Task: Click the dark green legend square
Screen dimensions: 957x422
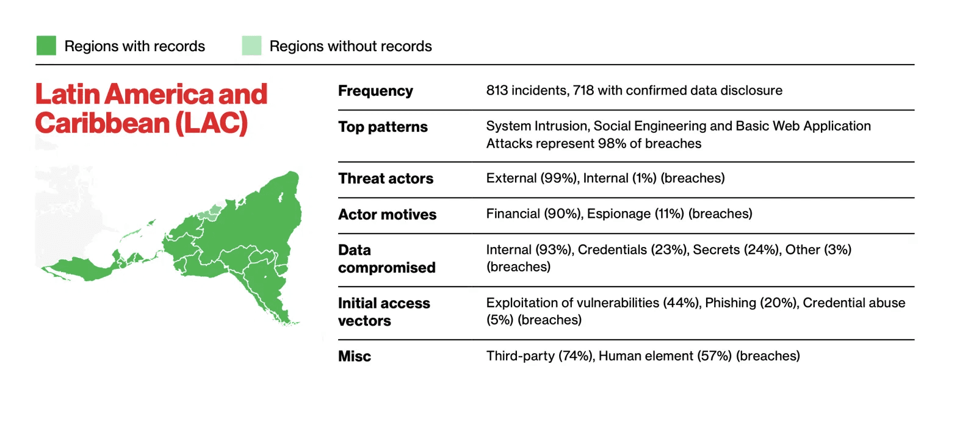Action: tap(46, 46)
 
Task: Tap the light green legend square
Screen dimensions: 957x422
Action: tap(251, 46)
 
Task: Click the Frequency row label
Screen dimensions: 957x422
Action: tap(375, 91)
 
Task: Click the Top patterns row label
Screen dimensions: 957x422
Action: tap(383, 127)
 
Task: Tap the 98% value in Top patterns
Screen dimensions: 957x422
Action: tap(612, 143)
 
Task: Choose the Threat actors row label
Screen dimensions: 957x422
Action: tap(386, 178)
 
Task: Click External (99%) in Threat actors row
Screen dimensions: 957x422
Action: tap(532, 178)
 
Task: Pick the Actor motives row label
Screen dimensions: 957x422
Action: tap(388, 214)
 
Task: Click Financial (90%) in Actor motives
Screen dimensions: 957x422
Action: tap(535, 214)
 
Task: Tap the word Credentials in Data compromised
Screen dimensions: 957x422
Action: tap(612, 249)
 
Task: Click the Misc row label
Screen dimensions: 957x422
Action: tap(355, 356)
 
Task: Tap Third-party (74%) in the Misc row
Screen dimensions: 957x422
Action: tap(541, 356)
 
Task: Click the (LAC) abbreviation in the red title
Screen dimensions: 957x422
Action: tap(212, 123)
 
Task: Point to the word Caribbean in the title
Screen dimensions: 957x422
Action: tap(103, 123)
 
